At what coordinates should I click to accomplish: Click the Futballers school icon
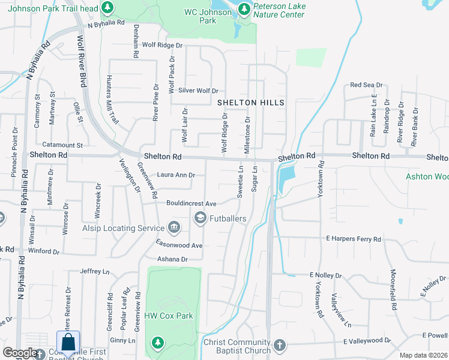(199, 218)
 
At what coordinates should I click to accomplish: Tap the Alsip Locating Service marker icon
(174, 227)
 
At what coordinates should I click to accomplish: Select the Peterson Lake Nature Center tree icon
(244, 8)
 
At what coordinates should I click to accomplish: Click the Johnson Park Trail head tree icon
(107, 8)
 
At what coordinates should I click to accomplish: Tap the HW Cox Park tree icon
(157, 343)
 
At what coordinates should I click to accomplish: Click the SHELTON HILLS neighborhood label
(250, 103)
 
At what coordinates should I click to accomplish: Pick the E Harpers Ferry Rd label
(354, 239)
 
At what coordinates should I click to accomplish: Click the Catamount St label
(62, 145)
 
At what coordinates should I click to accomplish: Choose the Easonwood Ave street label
(179, 245)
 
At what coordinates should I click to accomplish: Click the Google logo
(19, 353)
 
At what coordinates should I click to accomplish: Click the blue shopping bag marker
(68, 344)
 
